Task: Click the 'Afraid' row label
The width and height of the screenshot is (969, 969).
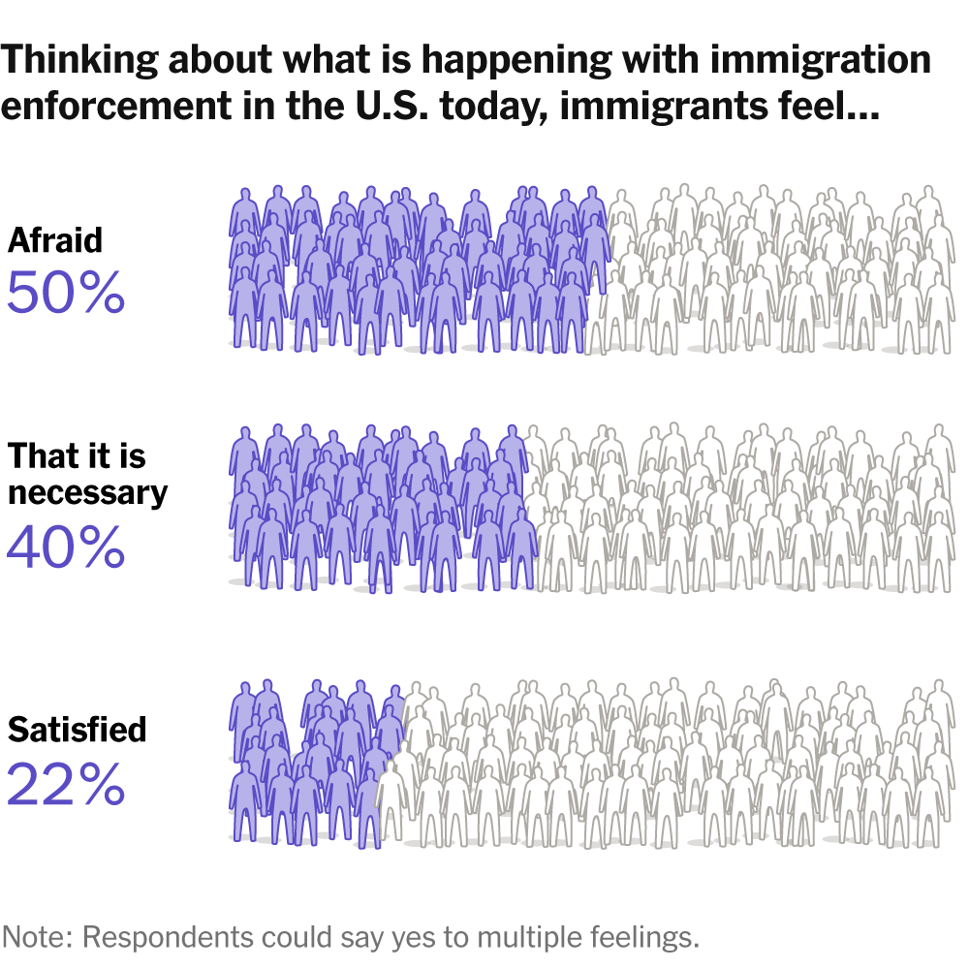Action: (x=54, y=240)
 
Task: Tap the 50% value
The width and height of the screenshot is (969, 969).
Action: (x=66, y=292)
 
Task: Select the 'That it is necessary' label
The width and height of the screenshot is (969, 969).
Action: (x=87, y=474)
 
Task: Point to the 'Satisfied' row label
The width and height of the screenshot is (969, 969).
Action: (x=77, y=729)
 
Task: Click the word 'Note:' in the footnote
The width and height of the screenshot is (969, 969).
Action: (x=38, y=937)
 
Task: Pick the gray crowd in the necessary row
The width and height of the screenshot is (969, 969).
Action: (x=746, y=509)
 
